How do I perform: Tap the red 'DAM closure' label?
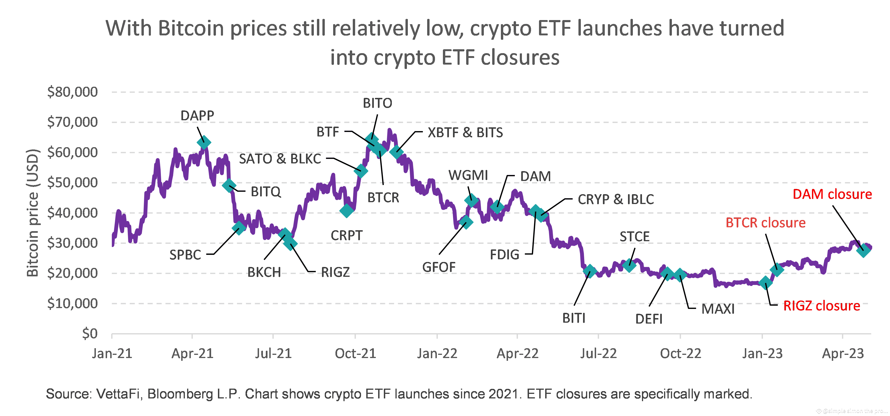(832, 194)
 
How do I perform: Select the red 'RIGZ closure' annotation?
(821, 306)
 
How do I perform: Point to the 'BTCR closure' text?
(765, 223)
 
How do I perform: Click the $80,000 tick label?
(73, 92)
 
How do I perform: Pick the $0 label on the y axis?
(90, 333)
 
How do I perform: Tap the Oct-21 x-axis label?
(355, 353)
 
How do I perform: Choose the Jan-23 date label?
(762, 353)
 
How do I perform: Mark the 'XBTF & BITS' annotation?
(465, 133)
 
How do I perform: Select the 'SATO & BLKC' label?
(280, 159)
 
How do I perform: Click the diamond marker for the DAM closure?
(863, 250)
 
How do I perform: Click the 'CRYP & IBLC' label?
(616, 199)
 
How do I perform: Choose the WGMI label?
(468, 175)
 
